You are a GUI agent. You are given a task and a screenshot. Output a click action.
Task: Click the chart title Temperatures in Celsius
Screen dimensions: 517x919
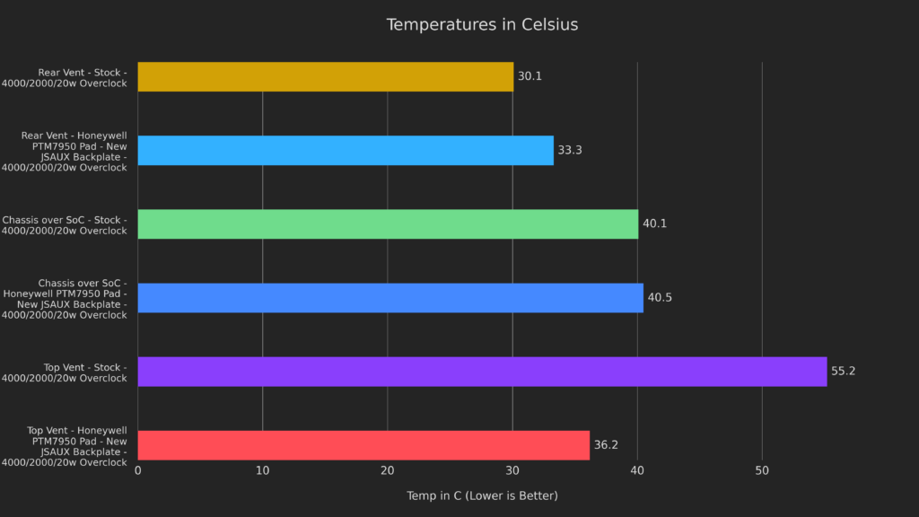point(482,24)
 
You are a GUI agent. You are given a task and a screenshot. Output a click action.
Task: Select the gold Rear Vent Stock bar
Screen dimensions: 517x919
point(325,76)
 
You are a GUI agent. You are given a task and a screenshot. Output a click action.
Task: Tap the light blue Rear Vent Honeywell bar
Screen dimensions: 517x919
point(346,150)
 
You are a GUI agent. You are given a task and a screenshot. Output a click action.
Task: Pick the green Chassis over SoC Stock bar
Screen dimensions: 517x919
point(388,223)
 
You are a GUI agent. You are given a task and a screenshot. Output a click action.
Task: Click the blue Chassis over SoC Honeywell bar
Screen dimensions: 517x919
point(390,297)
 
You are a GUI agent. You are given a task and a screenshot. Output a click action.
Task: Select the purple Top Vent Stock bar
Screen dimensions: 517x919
point(482,371)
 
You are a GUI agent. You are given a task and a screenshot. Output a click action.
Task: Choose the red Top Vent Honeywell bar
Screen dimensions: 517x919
point(363,444)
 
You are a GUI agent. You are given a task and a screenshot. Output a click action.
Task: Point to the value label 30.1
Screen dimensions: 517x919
point(530,76)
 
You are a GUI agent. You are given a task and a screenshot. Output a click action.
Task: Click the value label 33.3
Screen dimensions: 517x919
point(570,150)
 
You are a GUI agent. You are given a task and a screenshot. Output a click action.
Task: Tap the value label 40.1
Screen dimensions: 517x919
point(654,223)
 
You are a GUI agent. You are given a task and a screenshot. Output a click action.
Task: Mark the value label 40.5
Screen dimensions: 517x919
point(660,297)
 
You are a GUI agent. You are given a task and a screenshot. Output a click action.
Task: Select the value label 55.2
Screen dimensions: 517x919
point(843,371)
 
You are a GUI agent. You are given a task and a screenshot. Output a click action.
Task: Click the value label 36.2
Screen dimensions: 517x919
point(606,444)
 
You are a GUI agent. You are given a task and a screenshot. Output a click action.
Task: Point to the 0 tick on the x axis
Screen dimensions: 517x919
point(137,470)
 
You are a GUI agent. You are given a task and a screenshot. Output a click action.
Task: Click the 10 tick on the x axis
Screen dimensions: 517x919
point(262,470)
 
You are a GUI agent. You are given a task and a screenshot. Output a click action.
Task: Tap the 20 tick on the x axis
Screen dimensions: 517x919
point(388,470)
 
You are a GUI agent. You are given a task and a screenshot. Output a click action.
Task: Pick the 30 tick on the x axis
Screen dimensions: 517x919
point(512,470)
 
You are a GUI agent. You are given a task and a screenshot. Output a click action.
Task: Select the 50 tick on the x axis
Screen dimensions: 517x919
point(762,470)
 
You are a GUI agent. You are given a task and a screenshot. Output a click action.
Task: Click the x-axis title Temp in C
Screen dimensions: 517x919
point(482,495)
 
